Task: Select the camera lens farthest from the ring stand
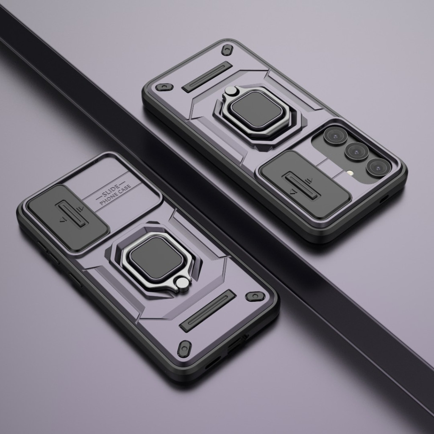pyautogui.click(x=378, y=167)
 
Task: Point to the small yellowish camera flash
pyautogui.click(x=351, y=173)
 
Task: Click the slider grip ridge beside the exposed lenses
pyautogui.click(x=301, y=186)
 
